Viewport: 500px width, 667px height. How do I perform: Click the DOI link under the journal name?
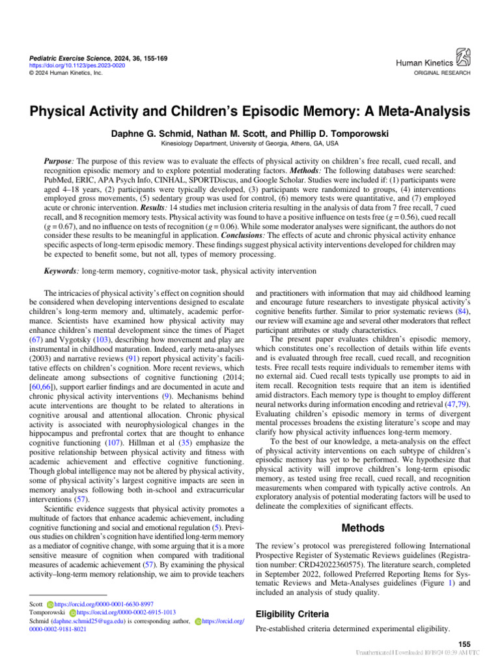pyautogui.click(x=70, y=64)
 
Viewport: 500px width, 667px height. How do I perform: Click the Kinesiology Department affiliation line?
pyautogui.click(x=250, y=143)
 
